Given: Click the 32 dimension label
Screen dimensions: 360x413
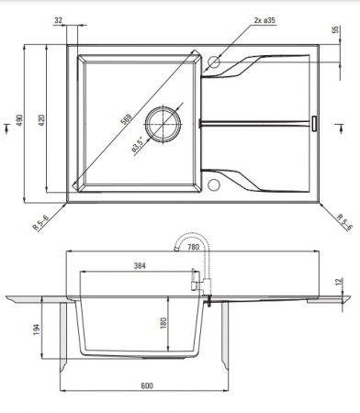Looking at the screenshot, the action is point(58,20).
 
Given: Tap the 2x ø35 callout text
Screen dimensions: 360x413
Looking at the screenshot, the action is point(264,20).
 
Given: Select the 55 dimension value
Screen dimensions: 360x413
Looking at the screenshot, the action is point(336,29).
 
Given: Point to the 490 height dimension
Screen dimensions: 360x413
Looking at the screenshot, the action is point(19,120).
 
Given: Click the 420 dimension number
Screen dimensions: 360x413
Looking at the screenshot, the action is point(41,120).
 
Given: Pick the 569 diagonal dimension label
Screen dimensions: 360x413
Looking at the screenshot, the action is point(127,119).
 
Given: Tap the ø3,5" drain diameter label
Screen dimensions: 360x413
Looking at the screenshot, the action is point(138,144).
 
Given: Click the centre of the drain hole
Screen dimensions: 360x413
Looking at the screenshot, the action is point(163,124).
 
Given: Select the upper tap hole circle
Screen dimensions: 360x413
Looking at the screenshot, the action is point(214,62).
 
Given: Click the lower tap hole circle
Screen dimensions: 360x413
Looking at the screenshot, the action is point(213,185).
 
